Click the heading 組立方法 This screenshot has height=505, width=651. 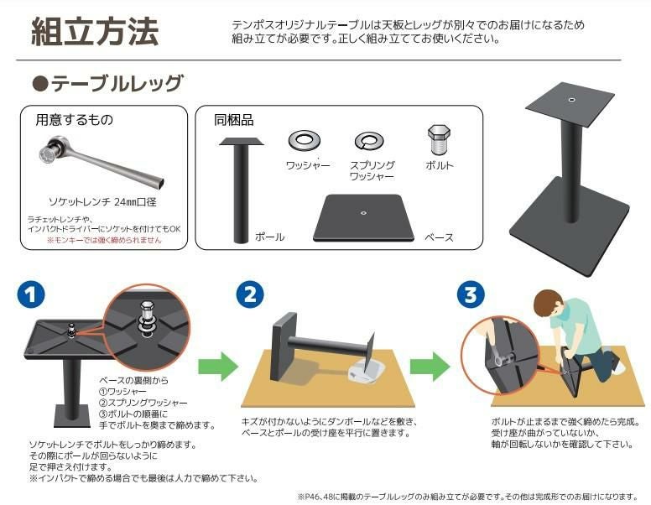(x=95, y=32)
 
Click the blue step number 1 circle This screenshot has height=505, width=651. (x=31, y=294)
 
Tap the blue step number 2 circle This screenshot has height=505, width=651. (x=250, y=294)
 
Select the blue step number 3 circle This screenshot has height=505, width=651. (x=471, y=294)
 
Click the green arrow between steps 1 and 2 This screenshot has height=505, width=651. (x=218, y=366)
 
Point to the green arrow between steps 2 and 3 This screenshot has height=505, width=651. (x=430, y=366)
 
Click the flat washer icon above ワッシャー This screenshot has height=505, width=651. (x=304, y=140)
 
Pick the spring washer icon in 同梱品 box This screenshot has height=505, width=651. (x=369, y=141)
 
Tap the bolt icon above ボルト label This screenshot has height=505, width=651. (x=439, y=138)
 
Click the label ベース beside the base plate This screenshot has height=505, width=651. (x=439, y=237)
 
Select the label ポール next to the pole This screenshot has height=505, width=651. (x=269, y=237)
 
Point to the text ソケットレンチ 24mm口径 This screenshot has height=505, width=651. (x=102, y=202)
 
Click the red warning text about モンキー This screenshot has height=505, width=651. (x=104, y=240)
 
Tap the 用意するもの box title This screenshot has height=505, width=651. (x=74, y=120)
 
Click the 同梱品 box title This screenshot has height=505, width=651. (x=233, y=120)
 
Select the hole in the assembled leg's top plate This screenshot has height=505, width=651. (x=571, y=100)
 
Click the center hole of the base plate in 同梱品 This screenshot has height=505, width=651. (x=363, y=213)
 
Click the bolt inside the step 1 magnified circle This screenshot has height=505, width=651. (x=148, y=316)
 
